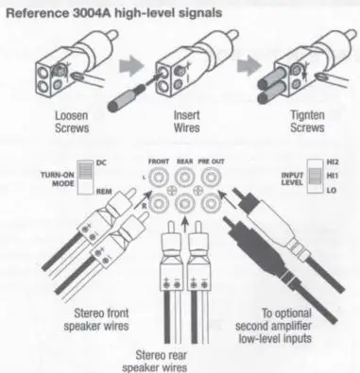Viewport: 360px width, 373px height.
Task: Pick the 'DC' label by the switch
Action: (x=101, y=161)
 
